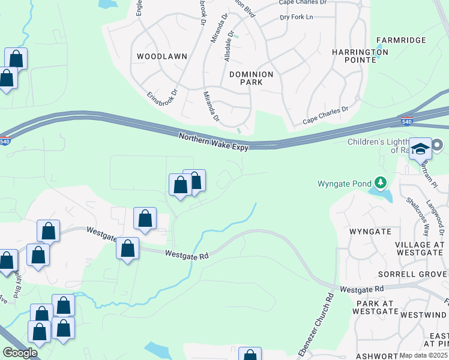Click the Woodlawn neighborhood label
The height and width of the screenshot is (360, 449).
[162, 56]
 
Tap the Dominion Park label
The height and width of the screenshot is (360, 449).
[251, 78]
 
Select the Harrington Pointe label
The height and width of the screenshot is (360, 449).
[360, 56]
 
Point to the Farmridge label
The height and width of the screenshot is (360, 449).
[401, 40]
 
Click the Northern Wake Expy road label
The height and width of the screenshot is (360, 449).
[213, 140]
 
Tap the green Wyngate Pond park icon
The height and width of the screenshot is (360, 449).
[379, 182]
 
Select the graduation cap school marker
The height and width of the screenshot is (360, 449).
[421, 149]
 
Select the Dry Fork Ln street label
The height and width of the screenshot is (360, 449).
[297, 17]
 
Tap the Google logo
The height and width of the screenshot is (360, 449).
[19, 353]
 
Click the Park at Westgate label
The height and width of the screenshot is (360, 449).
[377, 307]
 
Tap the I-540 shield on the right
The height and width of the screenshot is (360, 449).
[406, 121]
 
